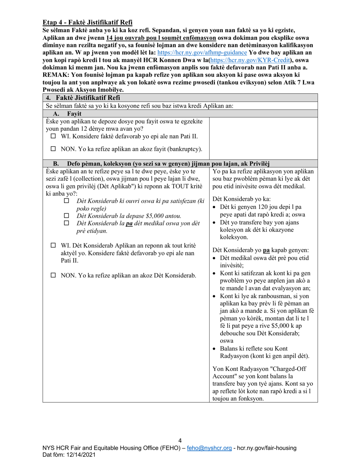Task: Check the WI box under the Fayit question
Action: click(53, 136)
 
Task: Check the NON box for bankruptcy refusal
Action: click(53, 149)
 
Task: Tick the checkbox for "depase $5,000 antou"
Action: click(67, 216)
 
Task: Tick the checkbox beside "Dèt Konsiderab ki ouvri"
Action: click(67, 201)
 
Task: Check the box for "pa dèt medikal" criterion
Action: click(67, 224)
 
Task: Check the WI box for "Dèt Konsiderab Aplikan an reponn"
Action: click(53, 246)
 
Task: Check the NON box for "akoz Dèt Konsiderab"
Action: click(53, 275)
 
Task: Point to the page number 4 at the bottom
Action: click(180, 440)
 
